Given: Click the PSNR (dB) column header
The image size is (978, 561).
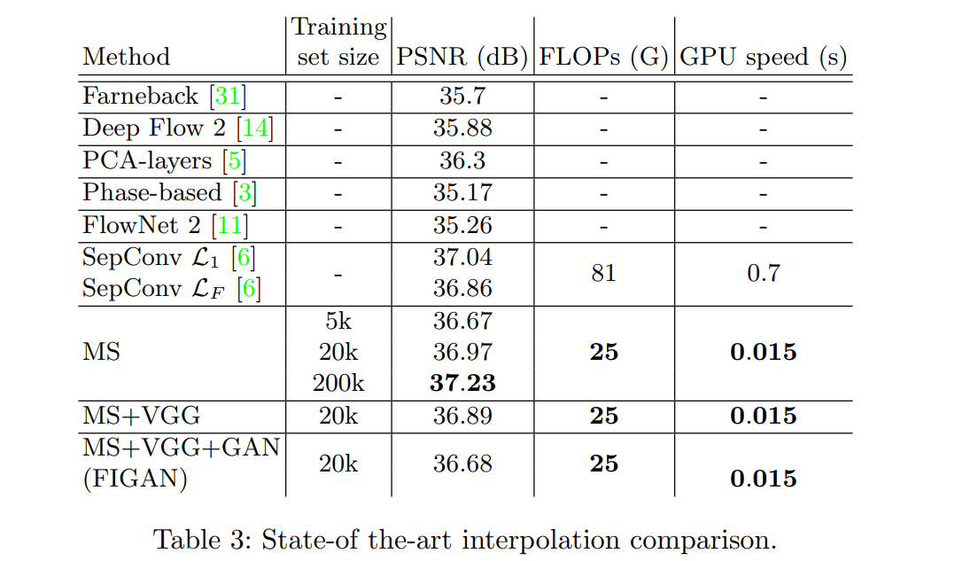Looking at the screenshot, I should coord(462,58).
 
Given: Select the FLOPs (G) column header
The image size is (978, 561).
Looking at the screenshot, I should coord(603,58).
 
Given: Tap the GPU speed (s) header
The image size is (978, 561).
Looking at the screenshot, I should coord(763,58).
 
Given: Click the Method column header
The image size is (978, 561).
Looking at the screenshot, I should coord(126,58).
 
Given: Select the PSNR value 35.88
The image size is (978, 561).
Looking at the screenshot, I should coord(462,128).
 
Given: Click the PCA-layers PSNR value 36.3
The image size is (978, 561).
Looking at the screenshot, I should coord(462,160).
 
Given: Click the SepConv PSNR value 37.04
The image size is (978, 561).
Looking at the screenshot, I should coord(462,257).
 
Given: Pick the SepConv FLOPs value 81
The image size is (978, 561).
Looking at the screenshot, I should coord(603,273).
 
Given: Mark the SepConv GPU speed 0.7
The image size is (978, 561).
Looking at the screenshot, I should coord(763,273).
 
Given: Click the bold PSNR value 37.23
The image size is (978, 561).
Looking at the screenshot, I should coord(462,384).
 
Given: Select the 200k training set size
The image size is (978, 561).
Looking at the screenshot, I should coord(338,384).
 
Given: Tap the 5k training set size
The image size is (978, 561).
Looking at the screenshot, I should coord(338,321).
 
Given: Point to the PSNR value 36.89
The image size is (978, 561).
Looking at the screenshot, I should coord(462,417).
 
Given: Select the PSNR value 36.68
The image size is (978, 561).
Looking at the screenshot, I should coord(462,464).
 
